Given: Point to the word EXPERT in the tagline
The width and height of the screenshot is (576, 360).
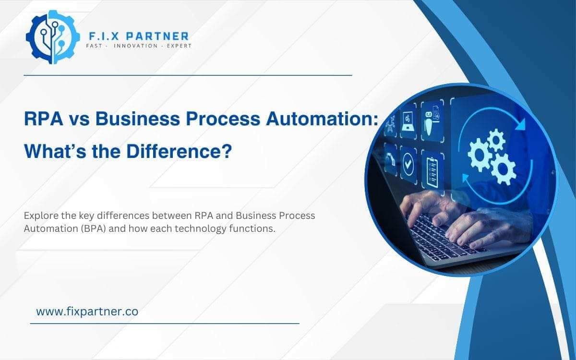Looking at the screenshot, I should point(178,46).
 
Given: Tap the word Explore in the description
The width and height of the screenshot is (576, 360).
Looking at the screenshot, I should point(40,216).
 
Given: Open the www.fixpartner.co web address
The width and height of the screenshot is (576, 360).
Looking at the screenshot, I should point(87,312).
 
